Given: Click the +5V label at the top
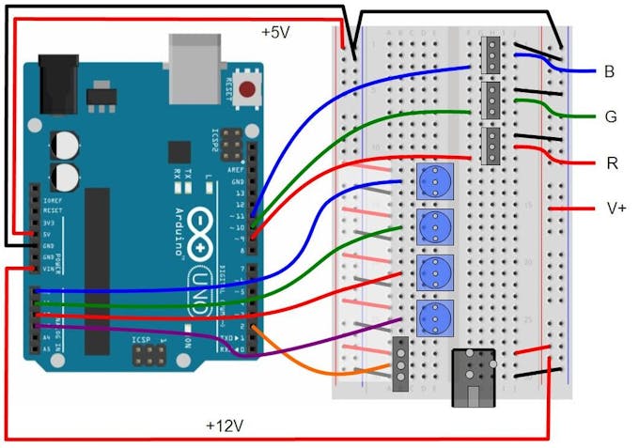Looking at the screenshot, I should coord(276,32).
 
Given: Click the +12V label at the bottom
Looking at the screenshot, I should coord(225,425).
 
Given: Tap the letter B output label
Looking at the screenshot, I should coord(610,71).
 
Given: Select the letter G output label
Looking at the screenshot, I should coord(610,117).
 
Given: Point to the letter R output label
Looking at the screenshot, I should coord(612,163).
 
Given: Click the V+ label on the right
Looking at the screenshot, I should coord(616,208).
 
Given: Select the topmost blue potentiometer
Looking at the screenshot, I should coord(434,178).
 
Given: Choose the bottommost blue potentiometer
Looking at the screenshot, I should coord(434,315).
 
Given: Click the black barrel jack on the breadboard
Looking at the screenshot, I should coord(474,378).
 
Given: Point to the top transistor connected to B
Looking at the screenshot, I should coord(491,56).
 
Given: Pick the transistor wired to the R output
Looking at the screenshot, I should coord(491,146).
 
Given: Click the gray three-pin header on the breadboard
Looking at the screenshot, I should coord(400,364).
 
